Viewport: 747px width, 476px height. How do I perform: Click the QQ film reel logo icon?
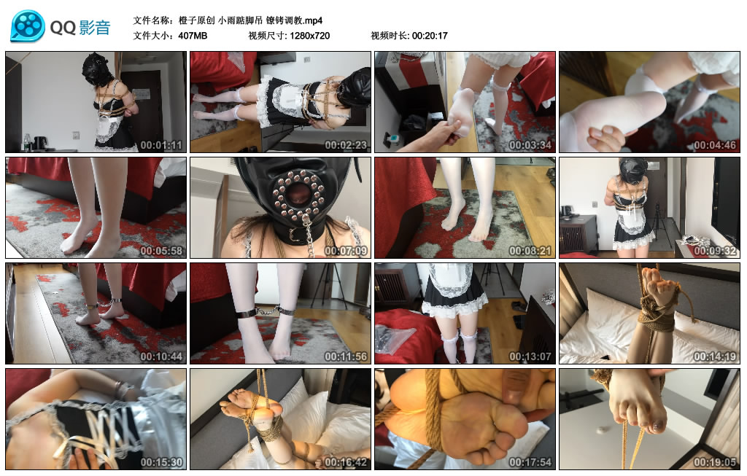click(x=28, y=26)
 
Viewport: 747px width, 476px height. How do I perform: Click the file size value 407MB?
click(x=193, y=35)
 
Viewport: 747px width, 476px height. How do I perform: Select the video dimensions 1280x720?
click(x=309, y=35)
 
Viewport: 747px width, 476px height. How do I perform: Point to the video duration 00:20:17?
click(x=430, y=35)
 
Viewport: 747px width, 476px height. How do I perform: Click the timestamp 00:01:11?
click(x=161, y=145)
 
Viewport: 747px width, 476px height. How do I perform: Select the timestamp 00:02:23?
click(x=346, y=145)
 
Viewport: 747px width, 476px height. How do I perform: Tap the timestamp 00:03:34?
click(x=530, y=145)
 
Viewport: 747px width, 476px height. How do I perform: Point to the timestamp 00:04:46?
click(x=715, y=145)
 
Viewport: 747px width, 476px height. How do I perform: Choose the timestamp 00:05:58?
click(x=161, y=251)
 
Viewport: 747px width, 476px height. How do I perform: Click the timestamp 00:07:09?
click(x=346, y=251)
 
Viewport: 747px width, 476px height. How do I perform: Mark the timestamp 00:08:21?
click(x=530, y=251)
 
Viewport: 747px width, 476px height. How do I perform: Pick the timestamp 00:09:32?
click(x=715, y=251)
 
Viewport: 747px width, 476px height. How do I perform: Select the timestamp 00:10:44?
click(x=161, y=356)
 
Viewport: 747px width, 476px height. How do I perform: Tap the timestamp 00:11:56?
click(x=346, y=356)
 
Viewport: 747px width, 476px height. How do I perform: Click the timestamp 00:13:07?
click(x=530, y=356)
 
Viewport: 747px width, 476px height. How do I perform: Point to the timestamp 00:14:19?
click(x=715, y=356)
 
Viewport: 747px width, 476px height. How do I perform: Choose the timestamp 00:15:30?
click(x=161, y=462)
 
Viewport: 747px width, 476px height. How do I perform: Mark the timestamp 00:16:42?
click(x=346, y=462)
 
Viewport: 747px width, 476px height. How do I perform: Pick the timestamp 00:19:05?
click(x=715, y=462)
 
